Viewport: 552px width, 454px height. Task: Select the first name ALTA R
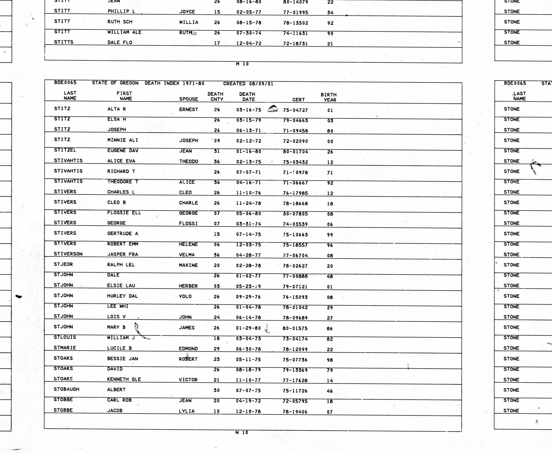pos(117,109)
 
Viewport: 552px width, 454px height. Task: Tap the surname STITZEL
pos(65,150)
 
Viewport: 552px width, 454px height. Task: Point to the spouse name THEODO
pos(188,161)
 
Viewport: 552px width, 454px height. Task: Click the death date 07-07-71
pos(249,172)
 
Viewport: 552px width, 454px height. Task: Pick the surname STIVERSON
pos(68,254)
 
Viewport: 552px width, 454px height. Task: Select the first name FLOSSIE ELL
pos(124,213)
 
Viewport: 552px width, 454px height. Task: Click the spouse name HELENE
pos(188,244)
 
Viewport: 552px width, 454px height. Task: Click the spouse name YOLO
pos(185,296)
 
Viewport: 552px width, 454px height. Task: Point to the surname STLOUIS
pos(65,337)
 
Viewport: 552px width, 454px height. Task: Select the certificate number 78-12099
pos(295,349)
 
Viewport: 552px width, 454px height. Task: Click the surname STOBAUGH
pos(66,389)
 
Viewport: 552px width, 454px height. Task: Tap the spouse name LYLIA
pos(187,411)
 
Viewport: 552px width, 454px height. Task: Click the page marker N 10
pos(242,432)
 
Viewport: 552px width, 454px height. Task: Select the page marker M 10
pos(242,64)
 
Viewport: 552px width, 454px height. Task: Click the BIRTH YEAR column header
pos(329,97)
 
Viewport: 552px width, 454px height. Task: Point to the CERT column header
pos(298,100)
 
